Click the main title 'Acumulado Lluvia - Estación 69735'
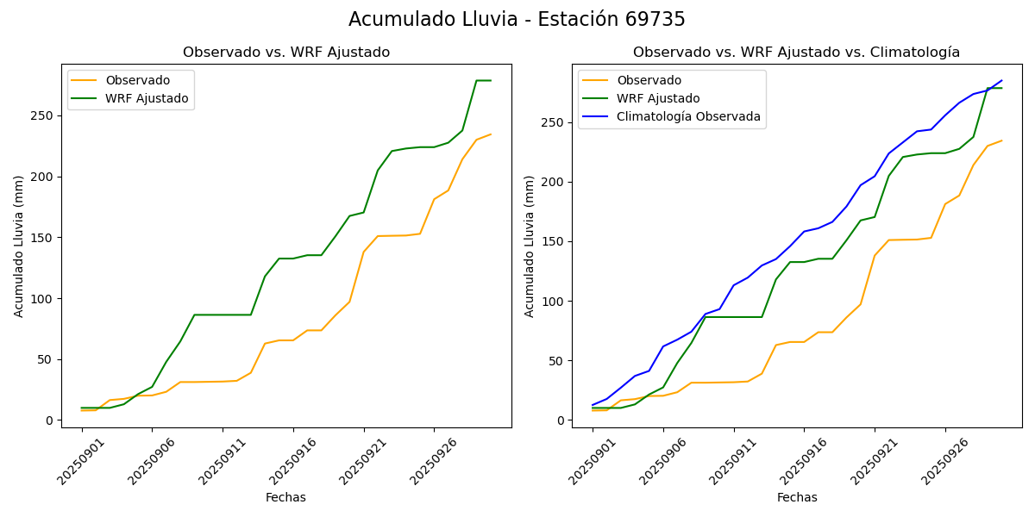pyautogui.click(x=517, y=20)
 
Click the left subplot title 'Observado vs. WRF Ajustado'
pyautogui.click(x=286, y=53)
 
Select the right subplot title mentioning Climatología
pyautogui.click(x=796, y=53)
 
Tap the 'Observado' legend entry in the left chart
pyautogui.click(x=135, y=80)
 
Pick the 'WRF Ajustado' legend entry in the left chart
pyautogui.click(x=147, y=98)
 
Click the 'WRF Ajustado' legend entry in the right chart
pyautogui.click(x=658, y=98)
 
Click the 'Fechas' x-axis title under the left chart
pyautogui.click(x=285, y=497)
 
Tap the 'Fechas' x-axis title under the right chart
pyautogui.click(x=797, y=497)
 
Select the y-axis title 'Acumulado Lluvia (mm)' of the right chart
pyautogui.click(x=530, y=246)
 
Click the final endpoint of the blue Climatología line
pyautogui.click(x=1002, y=80)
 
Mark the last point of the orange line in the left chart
pyautogui.click(x=491, y=134)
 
